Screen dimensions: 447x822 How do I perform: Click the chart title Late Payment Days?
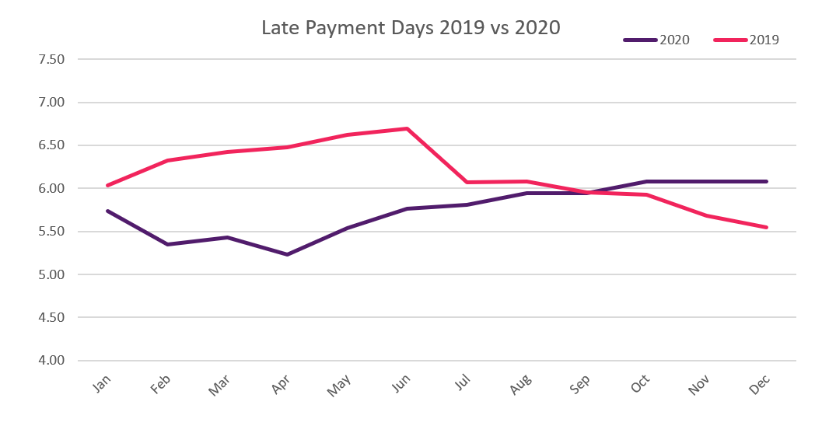tap(410, 28)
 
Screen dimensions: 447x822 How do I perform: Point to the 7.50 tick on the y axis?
tap(49, 60)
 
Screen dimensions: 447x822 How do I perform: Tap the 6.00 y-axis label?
tap(49, 189)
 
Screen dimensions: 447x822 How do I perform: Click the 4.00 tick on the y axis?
tap(49, 361)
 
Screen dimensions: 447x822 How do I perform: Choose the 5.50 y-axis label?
tap(49, 232)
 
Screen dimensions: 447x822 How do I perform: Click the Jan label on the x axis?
tap(103, 383)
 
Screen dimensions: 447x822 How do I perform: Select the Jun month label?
tap(403, 383)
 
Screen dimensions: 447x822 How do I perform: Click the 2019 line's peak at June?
tap(407, 128)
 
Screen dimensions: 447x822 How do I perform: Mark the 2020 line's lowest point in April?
tap(287, 254)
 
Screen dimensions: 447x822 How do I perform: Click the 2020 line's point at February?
tap(167, 244)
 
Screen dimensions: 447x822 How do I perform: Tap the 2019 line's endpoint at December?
tap(767, 227)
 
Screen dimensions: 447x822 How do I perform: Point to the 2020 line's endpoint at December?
tap(767, 181)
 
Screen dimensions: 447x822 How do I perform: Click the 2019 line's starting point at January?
tap(107, 185)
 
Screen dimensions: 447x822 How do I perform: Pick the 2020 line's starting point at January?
tap(107, 211)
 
